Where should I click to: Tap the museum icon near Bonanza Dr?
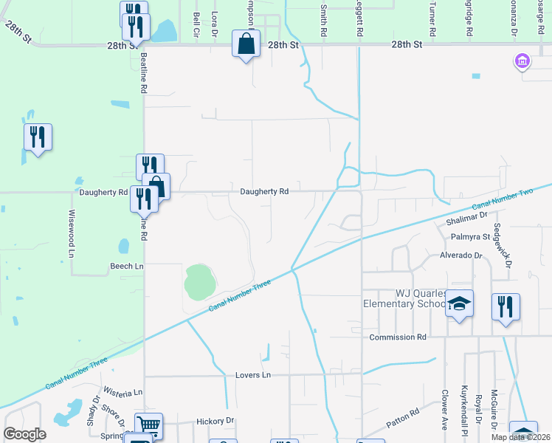[522, 61]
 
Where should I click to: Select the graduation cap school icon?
[459, 303]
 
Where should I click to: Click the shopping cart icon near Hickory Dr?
[148, 425]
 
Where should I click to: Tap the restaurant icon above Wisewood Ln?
[38, 137]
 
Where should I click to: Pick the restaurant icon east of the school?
[506, 306]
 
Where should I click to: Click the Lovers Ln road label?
[253, 375]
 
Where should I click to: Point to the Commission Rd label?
[398, 337]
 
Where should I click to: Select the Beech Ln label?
[126, 266]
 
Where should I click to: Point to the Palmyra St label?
[470, 237]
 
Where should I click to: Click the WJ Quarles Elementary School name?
[403, 298]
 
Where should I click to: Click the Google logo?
[25, 434]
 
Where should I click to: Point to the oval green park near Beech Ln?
[199, 281]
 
